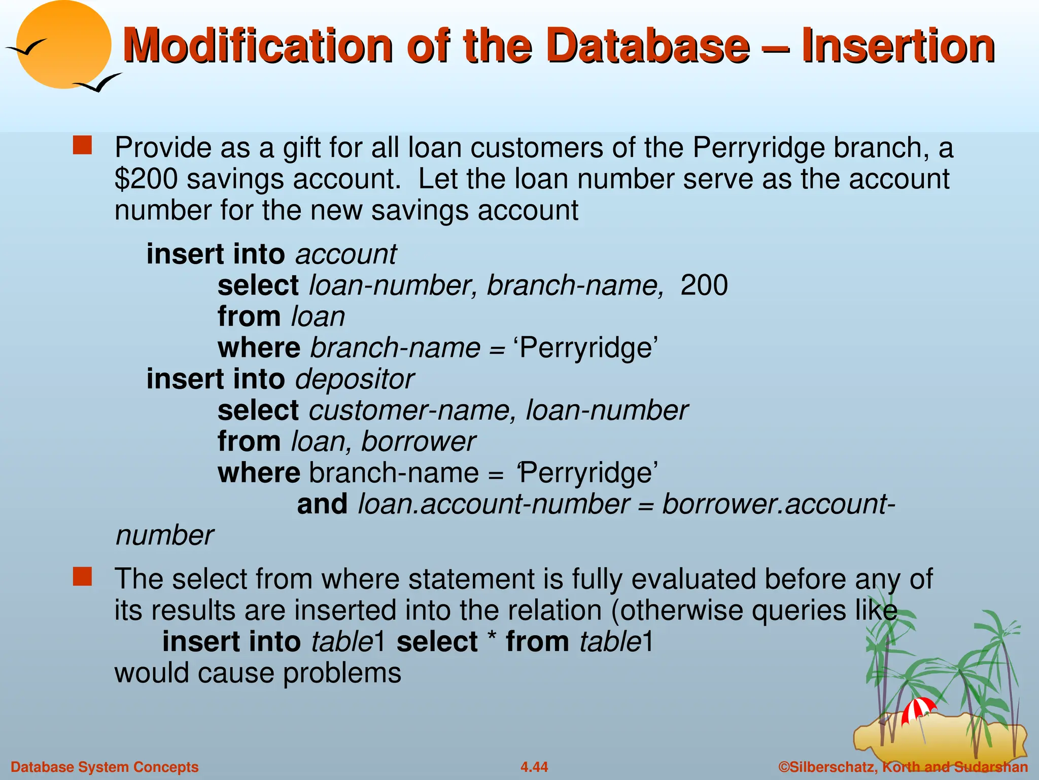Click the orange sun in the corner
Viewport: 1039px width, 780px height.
[63, 45]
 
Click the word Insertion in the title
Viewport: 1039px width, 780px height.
[898, 47]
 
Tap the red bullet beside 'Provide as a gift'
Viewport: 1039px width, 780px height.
[82, 145]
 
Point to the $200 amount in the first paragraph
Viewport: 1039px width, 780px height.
[146, 179]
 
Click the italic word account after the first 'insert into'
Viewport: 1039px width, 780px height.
[346, 254]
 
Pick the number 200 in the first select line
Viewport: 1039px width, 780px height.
[704, 285]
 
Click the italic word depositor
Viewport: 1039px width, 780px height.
[355, 379]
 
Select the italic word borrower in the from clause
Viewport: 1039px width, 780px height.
[419, 442]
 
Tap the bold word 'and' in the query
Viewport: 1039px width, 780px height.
[322, 504]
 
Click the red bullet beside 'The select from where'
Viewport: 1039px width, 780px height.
[82, 577]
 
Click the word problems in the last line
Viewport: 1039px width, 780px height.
[342, 673]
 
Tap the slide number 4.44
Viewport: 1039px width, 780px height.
[534, 767]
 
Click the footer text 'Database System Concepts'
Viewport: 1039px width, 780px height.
[105, 767]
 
